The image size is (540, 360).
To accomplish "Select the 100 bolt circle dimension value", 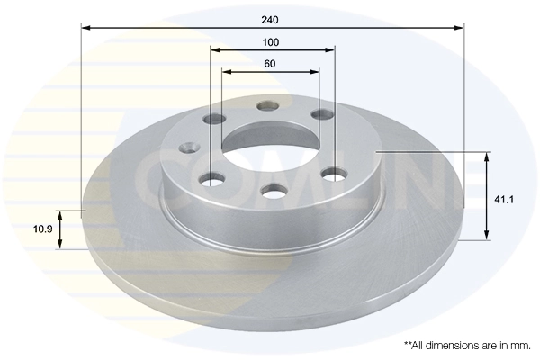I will tap(271, 42).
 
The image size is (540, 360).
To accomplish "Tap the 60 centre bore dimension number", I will tap(271, 64).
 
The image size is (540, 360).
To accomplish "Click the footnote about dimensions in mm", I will tap(466, 345).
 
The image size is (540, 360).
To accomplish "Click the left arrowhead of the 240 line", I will tap(85, 28).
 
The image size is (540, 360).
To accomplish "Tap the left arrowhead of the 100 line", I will tap(214, 51).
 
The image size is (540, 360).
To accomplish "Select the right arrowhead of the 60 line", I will tap(315, 71).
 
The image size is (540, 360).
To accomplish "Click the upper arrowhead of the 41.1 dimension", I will tap(487, 157).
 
